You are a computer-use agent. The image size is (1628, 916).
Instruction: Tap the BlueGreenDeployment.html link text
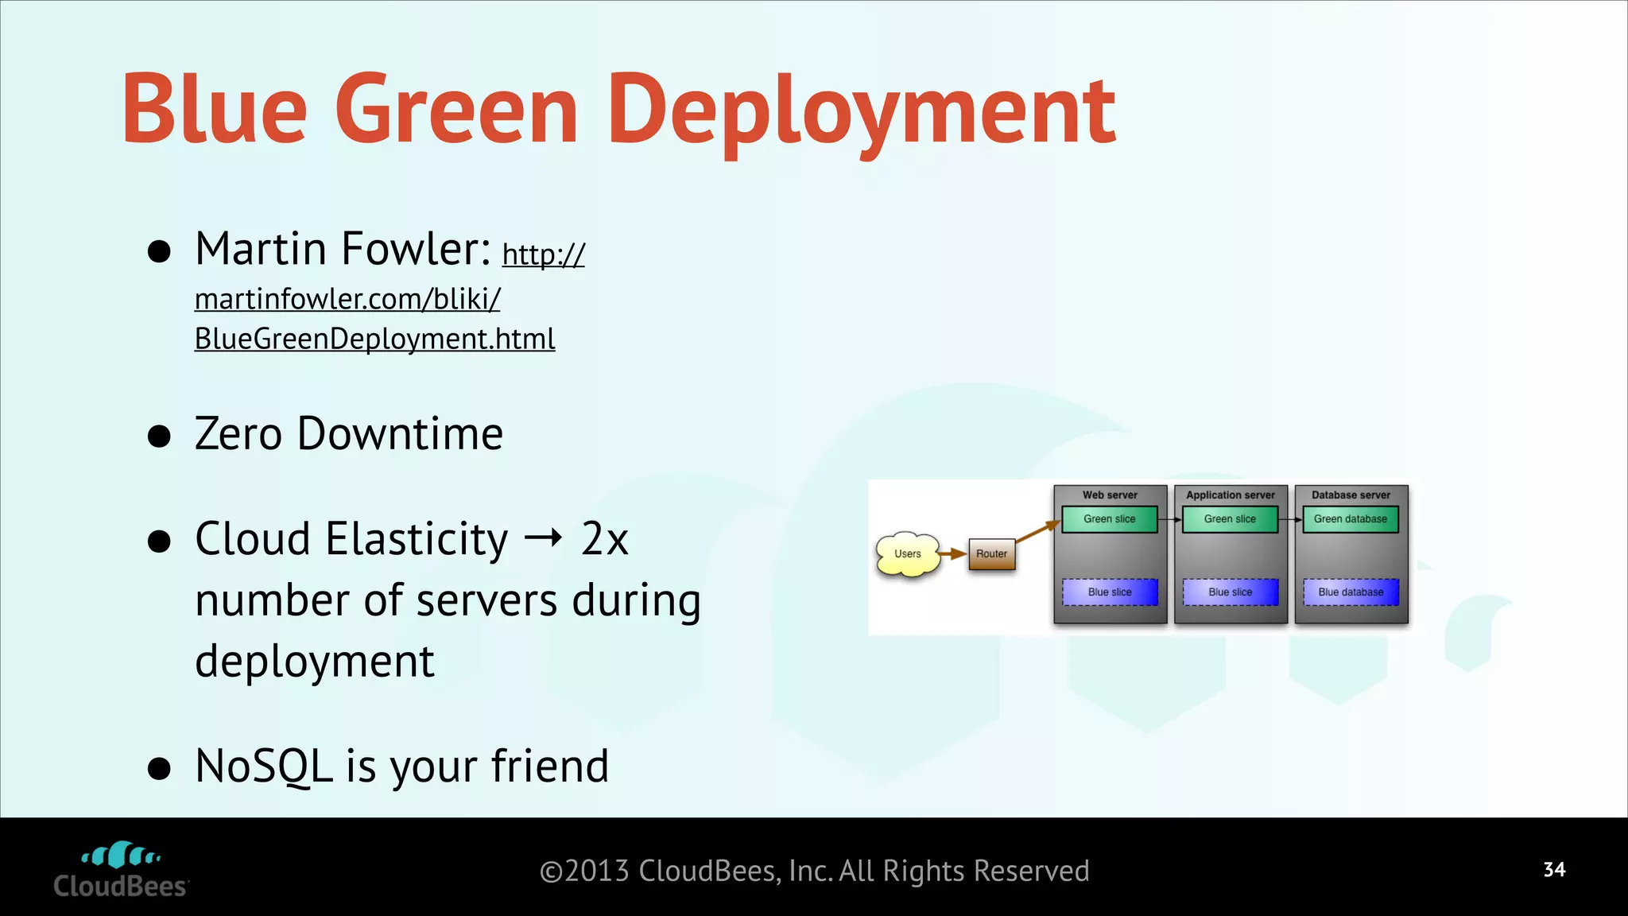(374, 340)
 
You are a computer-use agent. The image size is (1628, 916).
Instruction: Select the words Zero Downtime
(349, 434)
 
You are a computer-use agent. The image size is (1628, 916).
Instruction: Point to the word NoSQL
(263, 767)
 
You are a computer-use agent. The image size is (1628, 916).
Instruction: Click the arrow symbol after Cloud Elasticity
(544, 539)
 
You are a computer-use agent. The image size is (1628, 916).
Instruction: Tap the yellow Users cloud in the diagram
(908, 554)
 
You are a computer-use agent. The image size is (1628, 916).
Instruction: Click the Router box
(991, 554)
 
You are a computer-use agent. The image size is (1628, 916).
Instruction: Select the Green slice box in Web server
(1109, 519)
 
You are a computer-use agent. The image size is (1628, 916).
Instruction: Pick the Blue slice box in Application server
(1230, 592)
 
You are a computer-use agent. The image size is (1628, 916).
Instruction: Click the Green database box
(1350, 519)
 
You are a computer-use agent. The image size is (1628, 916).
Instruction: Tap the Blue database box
(1350, 592)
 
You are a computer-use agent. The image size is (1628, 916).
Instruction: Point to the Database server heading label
(1351, 495)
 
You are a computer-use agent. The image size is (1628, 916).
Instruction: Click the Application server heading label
(1230, 495)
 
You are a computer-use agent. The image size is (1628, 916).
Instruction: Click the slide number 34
(1554, 870)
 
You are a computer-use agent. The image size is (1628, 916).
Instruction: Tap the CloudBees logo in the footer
(121, 870)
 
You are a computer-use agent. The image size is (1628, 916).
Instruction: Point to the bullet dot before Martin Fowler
(160, 251)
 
